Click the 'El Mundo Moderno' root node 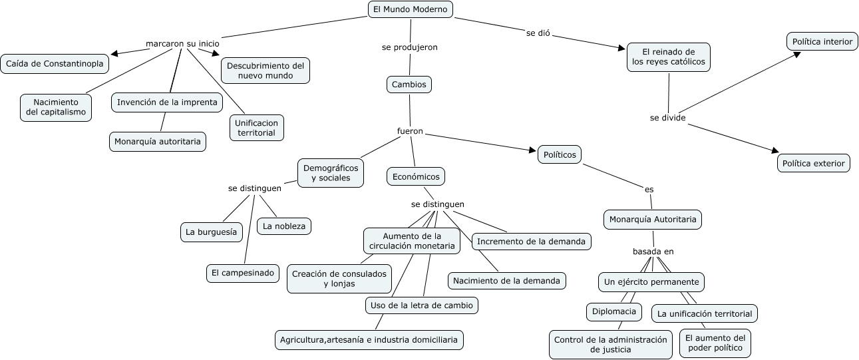click(411, 9)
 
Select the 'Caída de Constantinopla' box click(55, 64)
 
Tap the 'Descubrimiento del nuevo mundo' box click(265, 71)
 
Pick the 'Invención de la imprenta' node click(166, 102)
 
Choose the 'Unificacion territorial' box click(257, 128)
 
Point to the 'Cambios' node click(409, 85)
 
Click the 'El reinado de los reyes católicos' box click(668, 57)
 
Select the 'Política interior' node click(822, 41)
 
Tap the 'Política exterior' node click(813, 163)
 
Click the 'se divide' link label click(667, 118)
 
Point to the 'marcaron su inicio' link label click(182, 44)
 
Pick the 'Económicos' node click(416, 176)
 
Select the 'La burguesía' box click(211, 232)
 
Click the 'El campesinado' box click(242, 272)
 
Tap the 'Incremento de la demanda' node click(532, 241)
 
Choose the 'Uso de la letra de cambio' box click(422, 305)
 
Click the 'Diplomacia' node click(613, 311)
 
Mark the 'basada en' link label click(653, 252)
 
